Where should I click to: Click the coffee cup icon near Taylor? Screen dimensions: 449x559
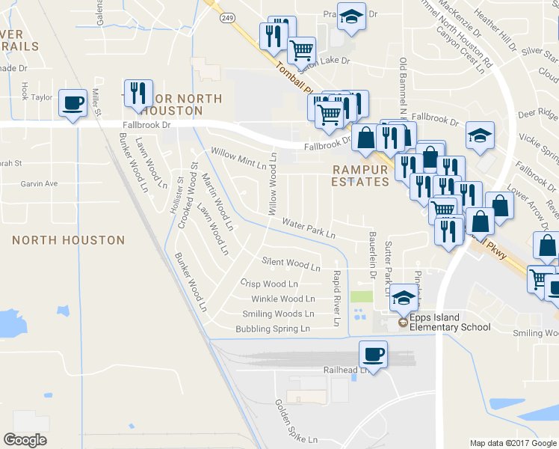click(72, 103)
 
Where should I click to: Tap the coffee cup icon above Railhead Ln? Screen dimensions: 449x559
click(373, 354)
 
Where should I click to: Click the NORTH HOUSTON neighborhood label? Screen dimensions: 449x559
click(69, 240)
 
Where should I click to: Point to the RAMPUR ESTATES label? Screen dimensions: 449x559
click(361, 175)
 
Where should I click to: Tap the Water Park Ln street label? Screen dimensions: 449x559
click(309, 228)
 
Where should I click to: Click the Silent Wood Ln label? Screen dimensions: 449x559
click(291, 264)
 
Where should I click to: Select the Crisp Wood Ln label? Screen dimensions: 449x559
click(268, 284)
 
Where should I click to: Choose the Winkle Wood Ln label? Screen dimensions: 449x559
click(277, 299)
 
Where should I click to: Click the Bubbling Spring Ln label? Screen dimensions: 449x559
click(272, 329)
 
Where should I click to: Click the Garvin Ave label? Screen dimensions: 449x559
click(39, 183)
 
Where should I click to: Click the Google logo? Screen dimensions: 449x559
click(25, 440)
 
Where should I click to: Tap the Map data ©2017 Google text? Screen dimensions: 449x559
click(513, 443)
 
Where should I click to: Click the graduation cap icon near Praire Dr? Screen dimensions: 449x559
click(350, 17)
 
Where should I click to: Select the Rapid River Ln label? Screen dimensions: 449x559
click(337, 299)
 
